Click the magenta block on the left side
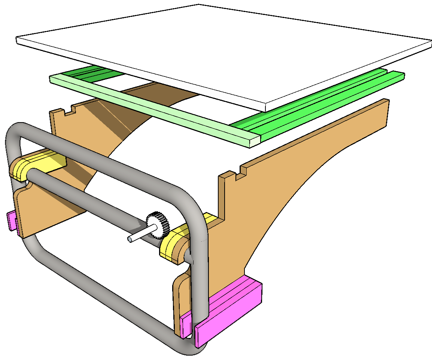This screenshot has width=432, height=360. pyautogui.click(x=12, y=221)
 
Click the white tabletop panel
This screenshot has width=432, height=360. pyautogui.click(x=225, y=52)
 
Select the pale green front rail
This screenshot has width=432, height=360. pyautogui.click(x=150, y=109)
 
